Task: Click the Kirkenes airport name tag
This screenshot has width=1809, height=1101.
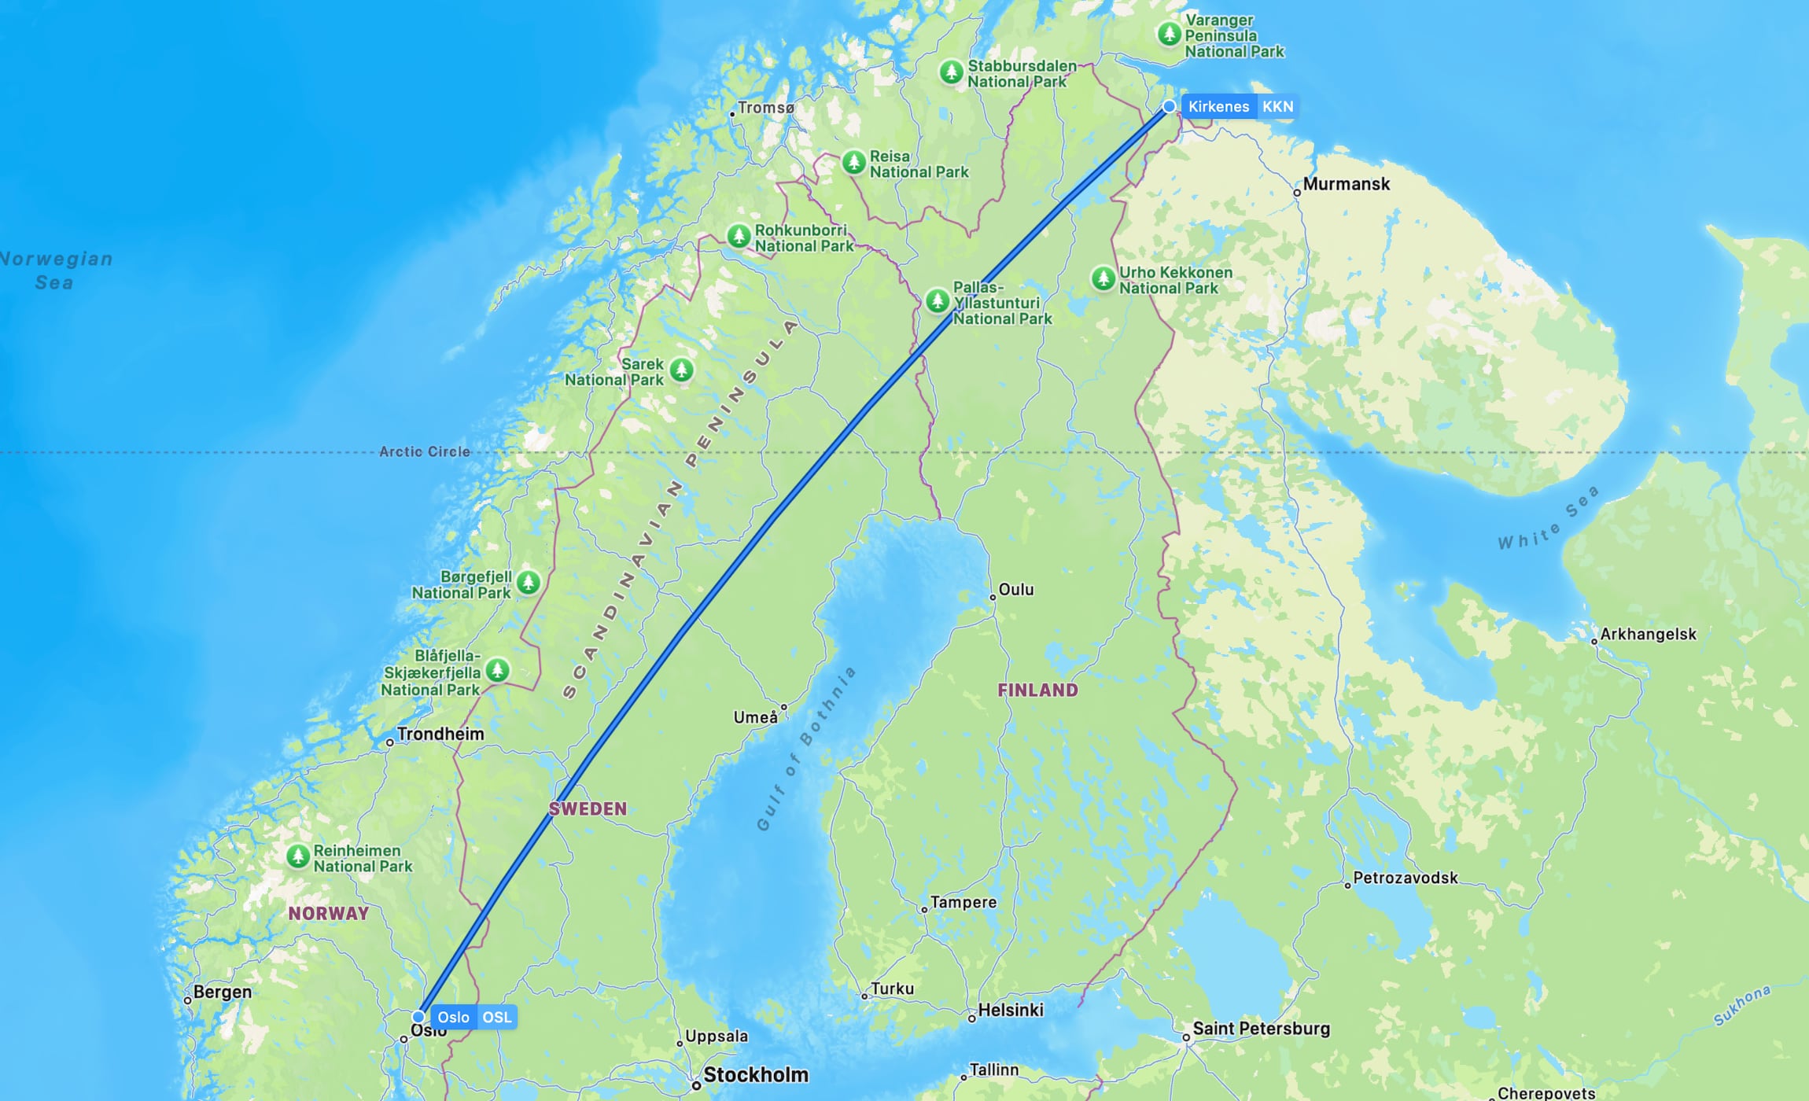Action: click(1218, 107)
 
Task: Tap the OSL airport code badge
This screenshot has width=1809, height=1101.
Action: click(497, 1017)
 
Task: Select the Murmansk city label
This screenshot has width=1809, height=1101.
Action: click(1346, 184)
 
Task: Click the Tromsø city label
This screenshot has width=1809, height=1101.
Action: click(766, 108)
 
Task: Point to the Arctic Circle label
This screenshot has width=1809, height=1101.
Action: click(425, 451)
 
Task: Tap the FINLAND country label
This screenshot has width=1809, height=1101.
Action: click(1037, 690)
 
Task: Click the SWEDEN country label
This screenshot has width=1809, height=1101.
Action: click(588, 808)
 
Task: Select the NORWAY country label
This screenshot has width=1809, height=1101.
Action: click(328, 913)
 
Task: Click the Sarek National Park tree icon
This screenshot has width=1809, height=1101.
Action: click(681, 369)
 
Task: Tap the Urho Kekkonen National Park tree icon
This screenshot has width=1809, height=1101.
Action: click(1103, 278)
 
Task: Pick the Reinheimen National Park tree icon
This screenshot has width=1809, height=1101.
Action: click(297, 856)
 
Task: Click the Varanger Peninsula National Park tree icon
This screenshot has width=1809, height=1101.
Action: click(1169, 34)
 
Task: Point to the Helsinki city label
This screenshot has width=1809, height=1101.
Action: click(1011, 1010)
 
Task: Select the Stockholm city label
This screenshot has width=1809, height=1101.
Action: click(755, 1075)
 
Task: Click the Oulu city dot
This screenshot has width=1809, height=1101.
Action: click(993, 598)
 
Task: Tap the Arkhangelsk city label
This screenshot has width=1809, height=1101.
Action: click(1648, 634)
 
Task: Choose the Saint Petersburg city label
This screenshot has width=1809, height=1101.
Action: click(1261, 1029)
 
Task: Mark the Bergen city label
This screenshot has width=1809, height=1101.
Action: click(223, 992)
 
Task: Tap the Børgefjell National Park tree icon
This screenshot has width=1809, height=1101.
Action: click(528, 583)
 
